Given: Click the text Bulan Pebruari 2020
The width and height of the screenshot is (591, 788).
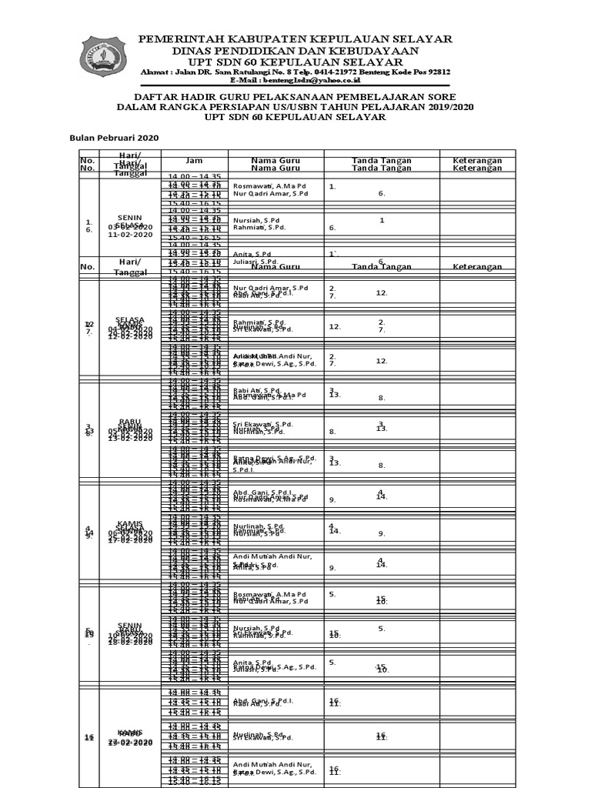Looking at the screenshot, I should point(114,137).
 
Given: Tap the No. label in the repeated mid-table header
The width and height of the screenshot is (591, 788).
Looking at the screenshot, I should point(88,267).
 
